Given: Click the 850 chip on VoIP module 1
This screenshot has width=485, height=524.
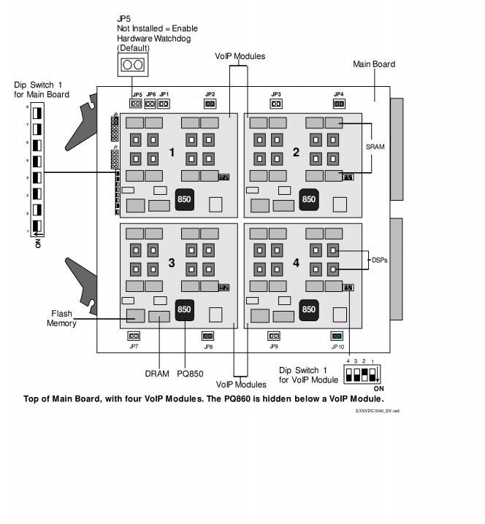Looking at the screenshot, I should tap(184, 199).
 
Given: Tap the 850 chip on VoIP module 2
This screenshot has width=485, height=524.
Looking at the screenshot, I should tap(308, 199).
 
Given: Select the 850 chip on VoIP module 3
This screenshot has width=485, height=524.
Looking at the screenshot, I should tap(184, 309).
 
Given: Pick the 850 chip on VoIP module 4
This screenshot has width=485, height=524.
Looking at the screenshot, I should tap(308, 309).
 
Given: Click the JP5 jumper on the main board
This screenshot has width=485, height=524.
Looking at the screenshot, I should tap(137, 104).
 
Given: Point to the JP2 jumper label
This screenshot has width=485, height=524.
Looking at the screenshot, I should tap(210, 94).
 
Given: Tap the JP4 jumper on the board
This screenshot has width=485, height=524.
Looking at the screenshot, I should tap(339, 104).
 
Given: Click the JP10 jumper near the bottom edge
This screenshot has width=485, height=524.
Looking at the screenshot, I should tap(337, 336).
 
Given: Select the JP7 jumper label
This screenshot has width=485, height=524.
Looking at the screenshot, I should tap(134, 346).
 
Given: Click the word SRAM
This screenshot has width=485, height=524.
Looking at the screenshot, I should tap(375, 147).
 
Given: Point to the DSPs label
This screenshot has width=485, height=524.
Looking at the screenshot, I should tap(379, 260).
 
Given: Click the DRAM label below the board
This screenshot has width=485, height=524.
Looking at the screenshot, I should tap(156, 374).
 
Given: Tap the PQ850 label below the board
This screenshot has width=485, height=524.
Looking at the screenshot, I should tap(190, 374).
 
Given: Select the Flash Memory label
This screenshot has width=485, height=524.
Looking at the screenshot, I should tap(62, 318).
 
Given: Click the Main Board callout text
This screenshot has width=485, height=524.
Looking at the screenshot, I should tap(374, 64).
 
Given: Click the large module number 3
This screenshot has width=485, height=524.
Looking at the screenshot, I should tap(172, 263).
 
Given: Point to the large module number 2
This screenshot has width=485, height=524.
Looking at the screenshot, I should tap(296, 153).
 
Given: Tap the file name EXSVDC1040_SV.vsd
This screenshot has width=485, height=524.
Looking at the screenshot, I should tap(378, 411).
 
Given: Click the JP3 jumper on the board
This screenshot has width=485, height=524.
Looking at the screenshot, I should tap(276, 104).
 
